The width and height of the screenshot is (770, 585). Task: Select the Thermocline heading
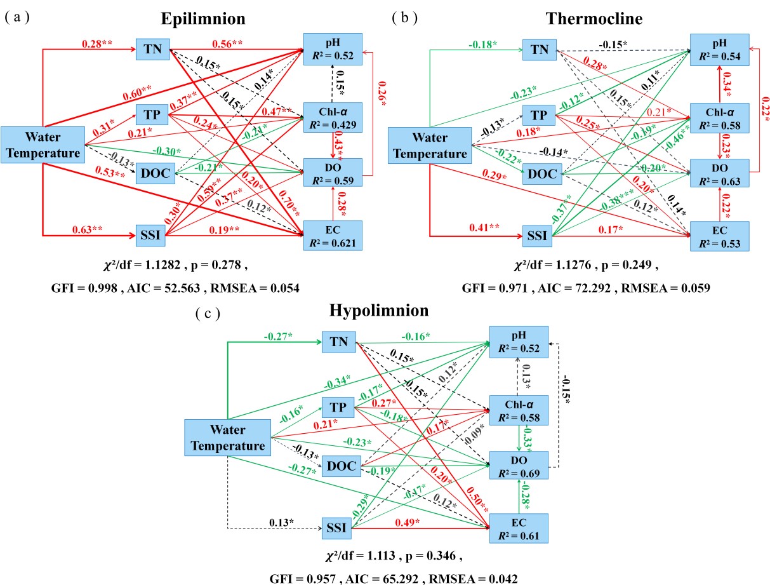coord(594,18)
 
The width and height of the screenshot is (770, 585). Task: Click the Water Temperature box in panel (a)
coord(43,144)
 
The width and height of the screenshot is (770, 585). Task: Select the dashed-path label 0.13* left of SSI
coord(281,521)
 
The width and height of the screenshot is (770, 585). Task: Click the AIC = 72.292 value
coord(590,288)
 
